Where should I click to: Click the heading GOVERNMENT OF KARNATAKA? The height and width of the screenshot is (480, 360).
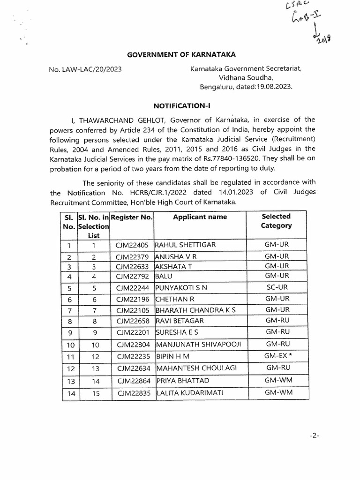[180, 54]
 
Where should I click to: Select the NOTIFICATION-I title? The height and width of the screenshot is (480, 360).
[180, 106]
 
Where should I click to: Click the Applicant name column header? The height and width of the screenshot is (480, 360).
[200, 217]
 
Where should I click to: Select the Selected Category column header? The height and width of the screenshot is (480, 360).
[276, 221]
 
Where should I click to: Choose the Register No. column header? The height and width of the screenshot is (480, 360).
[132, 217]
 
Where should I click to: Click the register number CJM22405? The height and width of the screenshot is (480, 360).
[132, 245]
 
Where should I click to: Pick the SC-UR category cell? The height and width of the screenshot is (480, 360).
[277, 287]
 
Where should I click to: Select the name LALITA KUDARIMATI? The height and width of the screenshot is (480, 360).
[186, 393]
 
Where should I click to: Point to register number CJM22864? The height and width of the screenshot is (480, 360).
[132, 381]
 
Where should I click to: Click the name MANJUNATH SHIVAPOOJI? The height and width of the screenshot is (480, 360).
[198, 345]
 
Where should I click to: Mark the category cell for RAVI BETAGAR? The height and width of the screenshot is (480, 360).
[277, 320]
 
